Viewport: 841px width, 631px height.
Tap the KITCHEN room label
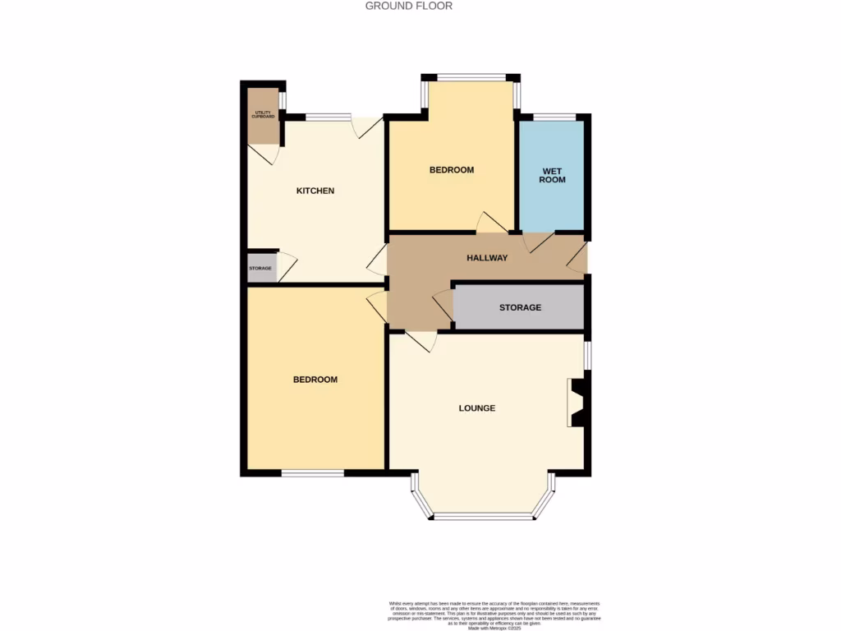tap(315, 191)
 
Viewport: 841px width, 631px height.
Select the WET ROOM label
tap(552, 175)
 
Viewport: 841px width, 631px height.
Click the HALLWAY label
tap(487, 258)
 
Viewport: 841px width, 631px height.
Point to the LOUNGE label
tap(476, 408)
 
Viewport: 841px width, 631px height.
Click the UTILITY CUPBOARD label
tap(264, 115)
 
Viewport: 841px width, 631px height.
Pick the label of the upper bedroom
tap(452, 170)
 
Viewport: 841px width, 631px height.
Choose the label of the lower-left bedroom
tap(315, 380)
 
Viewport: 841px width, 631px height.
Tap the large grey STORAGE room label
tap(520, 307)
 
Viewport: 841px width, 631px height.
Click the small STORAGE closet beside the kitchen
tap(262, 268)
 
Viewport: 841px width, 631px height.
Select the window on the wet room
tap(554, 117)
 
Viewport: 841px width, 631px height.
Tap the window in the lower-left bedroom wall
tap(312, 472)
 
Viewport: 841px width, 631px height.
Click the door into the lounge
tap(420, 341)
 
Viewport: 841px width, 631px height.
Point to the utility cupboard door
tap(269, 154)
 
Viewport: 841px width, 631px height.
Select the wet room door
tap(538, 242)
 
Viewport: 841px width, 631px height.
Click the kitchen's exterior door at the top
tap(367, 126)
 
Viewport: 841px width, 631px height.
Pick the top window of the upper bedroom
tap(471, 78)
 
